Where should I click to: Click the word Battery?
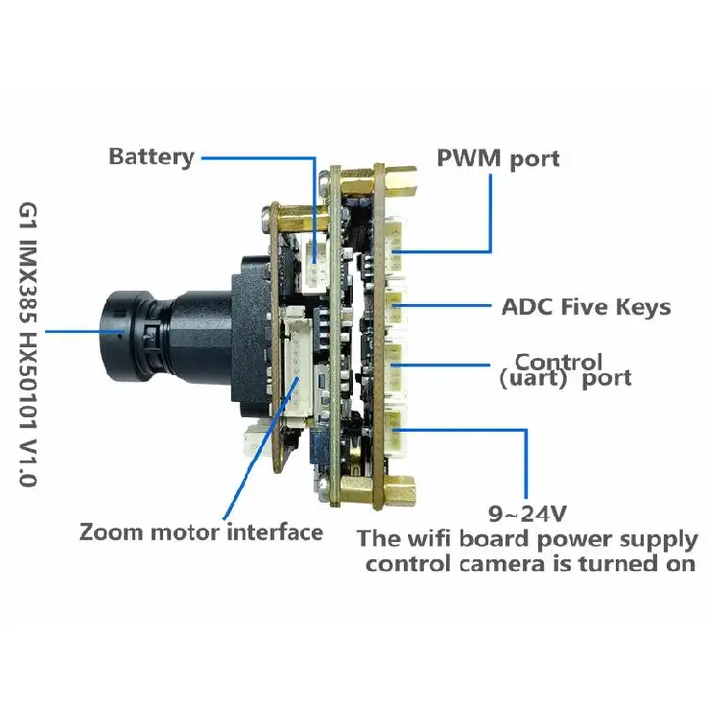(x=151, y=157)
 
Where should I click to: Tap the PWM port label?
(x=498, y=158)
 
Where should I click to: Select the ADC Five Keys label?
(x=585, y=307)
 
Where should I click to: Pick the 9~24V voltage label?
(x=527, y=512)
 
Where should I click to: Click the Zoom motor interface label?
(x=200, y=533)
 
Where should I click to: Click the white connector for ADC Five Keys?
(x=398, y=304)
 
